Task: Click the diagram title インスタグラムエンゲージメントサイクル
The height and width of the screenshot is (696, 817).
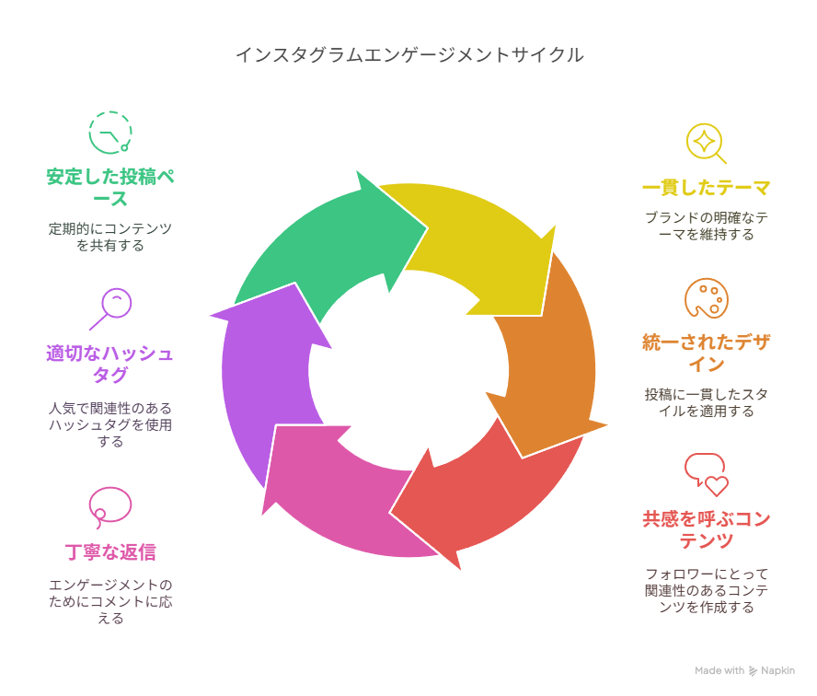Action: pyautogui.click(x=409, y=54)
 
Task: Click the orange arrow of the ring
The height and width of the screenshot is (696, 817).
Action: pyautogui.click(x=552, y=365)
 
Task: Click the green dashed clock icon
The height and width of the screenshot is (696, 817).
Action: pyautogui.click(x=109, y=133)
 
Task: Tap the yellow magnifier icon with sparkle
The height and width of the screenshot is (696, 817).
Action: pyautogui.click(x=706, y=144)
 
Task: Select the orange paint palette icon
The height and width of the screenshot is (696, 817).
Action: pyautogui.click(x=706, y=298)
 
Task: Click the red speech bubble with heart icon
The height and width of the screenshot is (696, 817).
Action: pyautogui.click(x=706, y=475)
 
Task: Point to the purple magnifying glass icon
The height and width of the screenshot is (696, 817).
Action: pyautogui.click(x=109, y=308)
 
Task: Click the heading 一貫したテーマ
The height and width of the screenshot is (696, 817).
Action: pyautogui.click(x=706, y=188)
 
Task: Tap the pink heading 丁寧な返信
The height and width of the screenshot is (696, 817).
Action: pyautogui.click(x=110, y=552)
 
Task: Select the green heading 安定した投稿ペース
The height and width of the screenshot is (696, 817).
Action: pyautogui.click(x=110, y=188)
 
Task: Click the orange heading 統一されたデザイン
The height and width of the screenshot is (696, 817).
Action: pyautogui.click(x=706, y=353)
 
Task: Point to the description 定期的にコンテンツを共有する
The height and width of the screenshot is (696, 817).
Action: pyautogui.click(x=110, y=237)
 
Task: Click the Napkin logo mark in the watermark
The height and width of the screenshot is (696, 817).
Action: pyautogui.click(x=753, y=671)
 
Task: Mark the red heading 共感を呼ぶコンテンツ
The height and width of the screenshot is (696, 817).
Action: pyautogui.click(x=706, y=529)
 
